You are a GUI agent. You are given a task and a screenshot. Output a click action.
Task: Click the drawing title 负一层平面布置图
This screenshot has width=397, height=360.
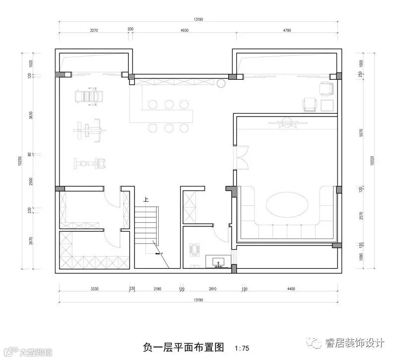(184, 347)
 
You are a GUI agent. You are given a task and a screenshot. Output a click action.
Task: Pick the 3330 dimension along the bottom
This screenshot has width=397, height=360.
(97, 288)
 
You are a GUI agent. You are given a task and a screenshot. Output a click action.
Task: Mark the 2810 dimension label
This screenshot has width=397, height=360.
(213, 288)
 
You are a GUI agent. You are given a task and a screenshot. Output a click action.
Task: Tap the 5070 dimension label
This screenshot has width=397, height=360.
(361, 133)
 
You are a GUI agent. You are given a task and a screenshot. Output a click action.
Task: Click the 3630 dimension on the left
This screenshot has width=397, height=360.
(30, 116)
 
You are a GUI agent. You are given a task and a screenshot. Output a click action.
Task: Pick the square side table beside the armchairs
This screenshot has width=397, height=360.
(327, 105)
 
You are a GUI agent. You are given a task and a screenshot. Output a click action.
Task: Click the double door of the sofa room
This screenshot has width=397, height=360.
(242, 158)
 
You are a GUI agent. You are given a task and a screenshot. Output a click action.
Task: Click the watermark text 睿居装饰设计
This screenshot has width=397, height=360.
(355, 342)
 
